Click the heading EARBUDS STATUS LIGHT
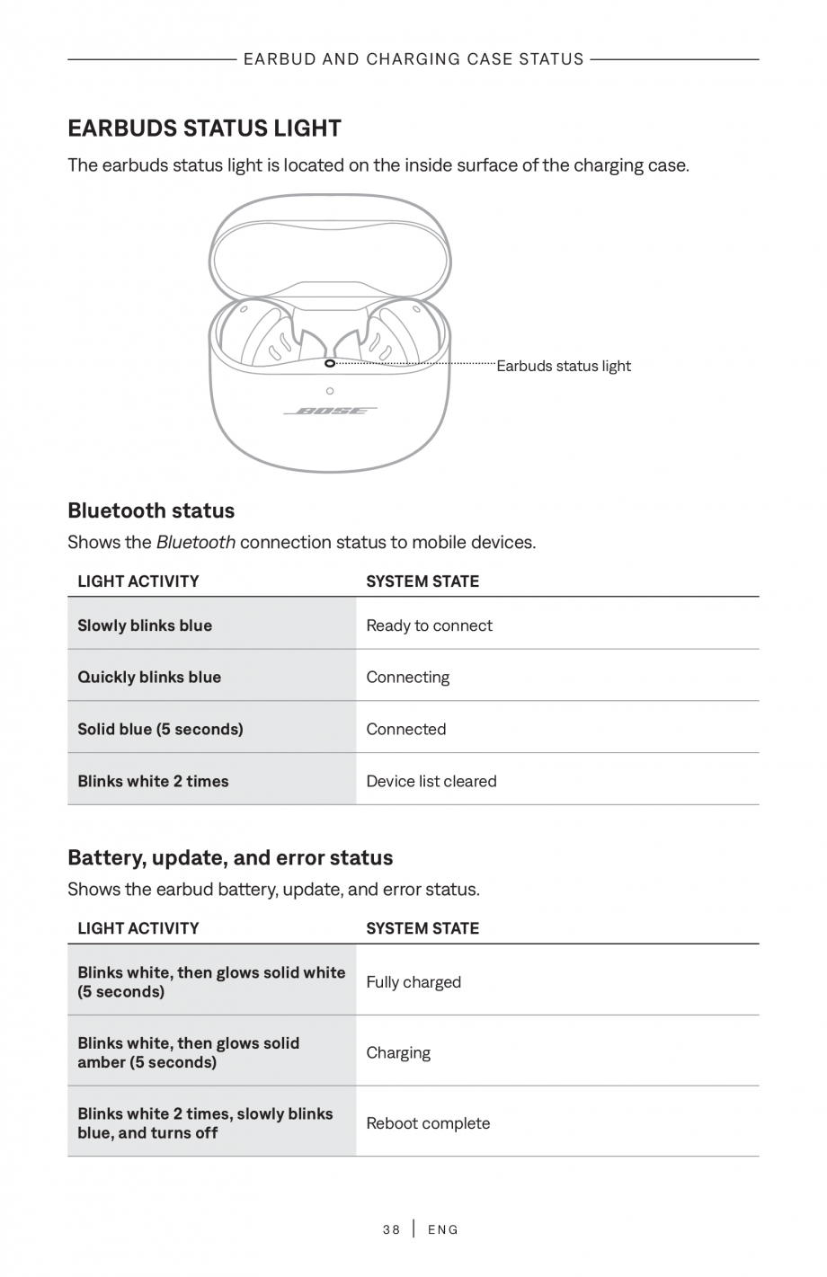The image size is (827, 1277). [204, 129]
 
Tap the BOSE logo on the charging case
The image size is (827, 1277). [330, 412]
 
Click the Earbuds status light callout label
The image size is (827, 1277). [564, 366]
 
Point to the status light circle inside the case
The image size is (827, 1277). [330, 363]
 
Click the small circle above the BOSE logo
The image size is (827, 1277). [330, 391]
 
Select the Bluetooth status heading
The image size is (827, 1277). [151, 510]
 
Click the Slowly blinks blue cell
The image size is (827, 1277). [145, 625]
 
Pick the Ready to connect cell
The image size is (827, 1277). [429, 625]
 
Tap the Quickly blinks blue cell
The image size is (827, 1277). [149, 678]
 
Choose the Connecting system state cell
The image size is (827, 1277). [407, 678]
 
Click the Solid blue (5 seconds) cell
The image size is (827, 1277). [160, 729]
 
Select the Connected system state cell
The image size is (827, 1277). [405, 729]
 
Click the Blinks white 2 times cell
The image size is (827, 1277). [153, 781]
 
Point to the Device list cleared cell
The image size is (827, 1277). [431, 781]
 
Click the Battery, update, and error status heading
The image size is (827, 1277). [230, 857]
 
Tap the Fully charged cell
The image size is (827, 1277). [413, 982]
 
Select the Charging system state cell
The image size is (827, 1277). [398, 1052]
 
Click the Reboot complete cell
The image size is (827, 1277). [428, 1123]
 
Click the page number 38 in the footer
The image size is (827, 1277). [391, 1229]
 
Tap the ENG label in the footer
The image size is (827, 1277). [443, 1229]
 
